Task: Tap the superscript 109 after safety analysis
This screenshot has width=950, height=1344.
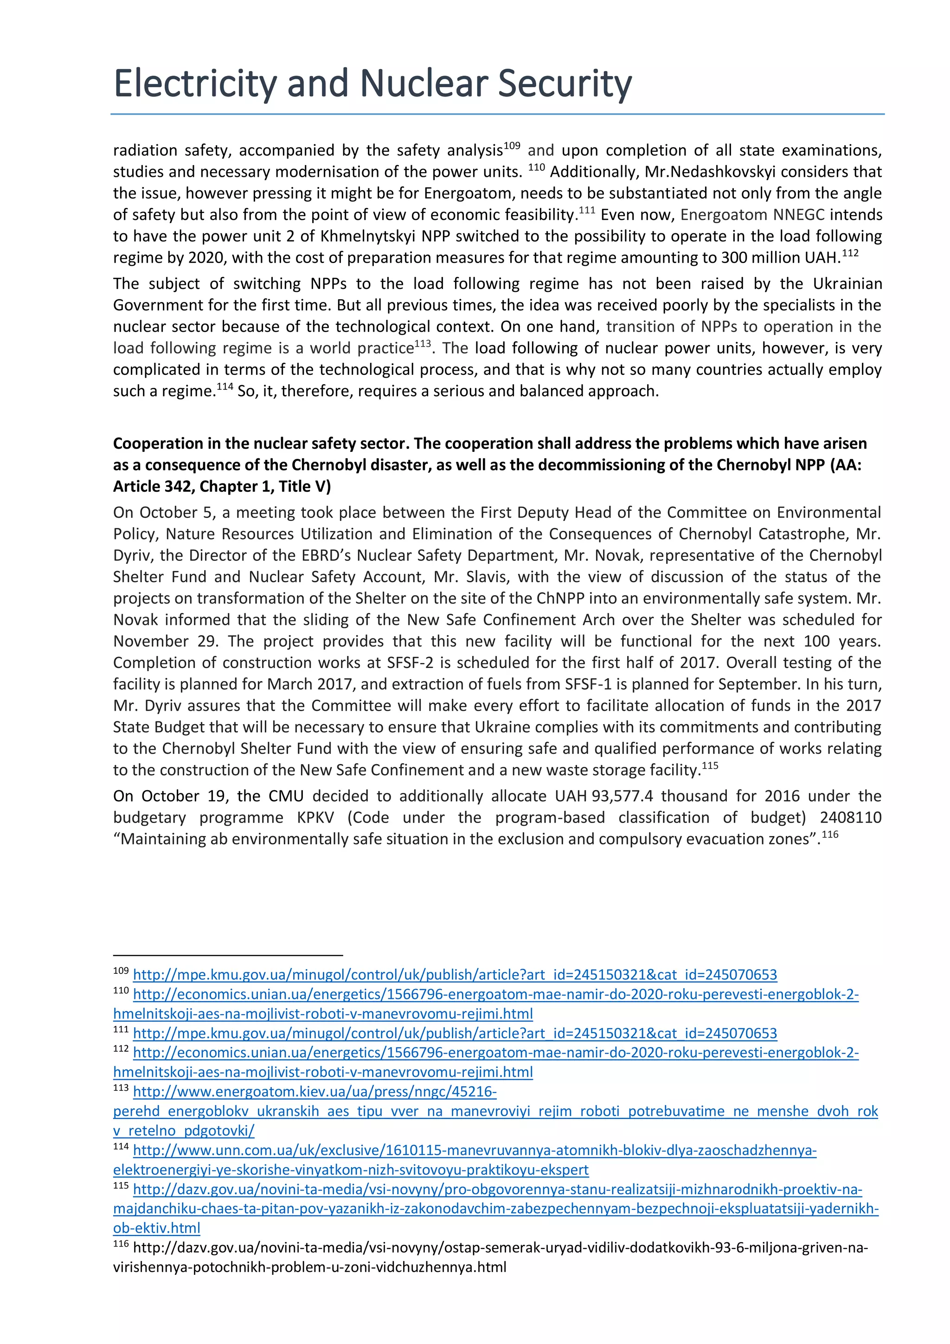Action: [512, 145]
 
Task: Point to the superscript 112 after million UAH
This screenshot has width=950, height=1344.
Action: [850, 253]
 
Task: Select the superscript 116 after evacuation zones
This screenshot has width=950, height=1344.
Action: [830, 834]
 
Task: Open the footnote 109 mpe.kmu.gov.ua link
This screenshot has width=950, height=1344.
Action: [454, 975]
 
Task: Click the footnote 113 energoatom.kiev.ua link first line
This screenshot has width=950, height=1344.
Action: [315, 1092]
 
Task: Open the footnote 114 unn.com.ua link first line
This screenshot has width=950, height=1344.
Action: [474, 1150]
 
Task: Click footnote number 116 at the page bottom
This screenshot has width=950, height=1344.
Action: [121, 1243]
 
